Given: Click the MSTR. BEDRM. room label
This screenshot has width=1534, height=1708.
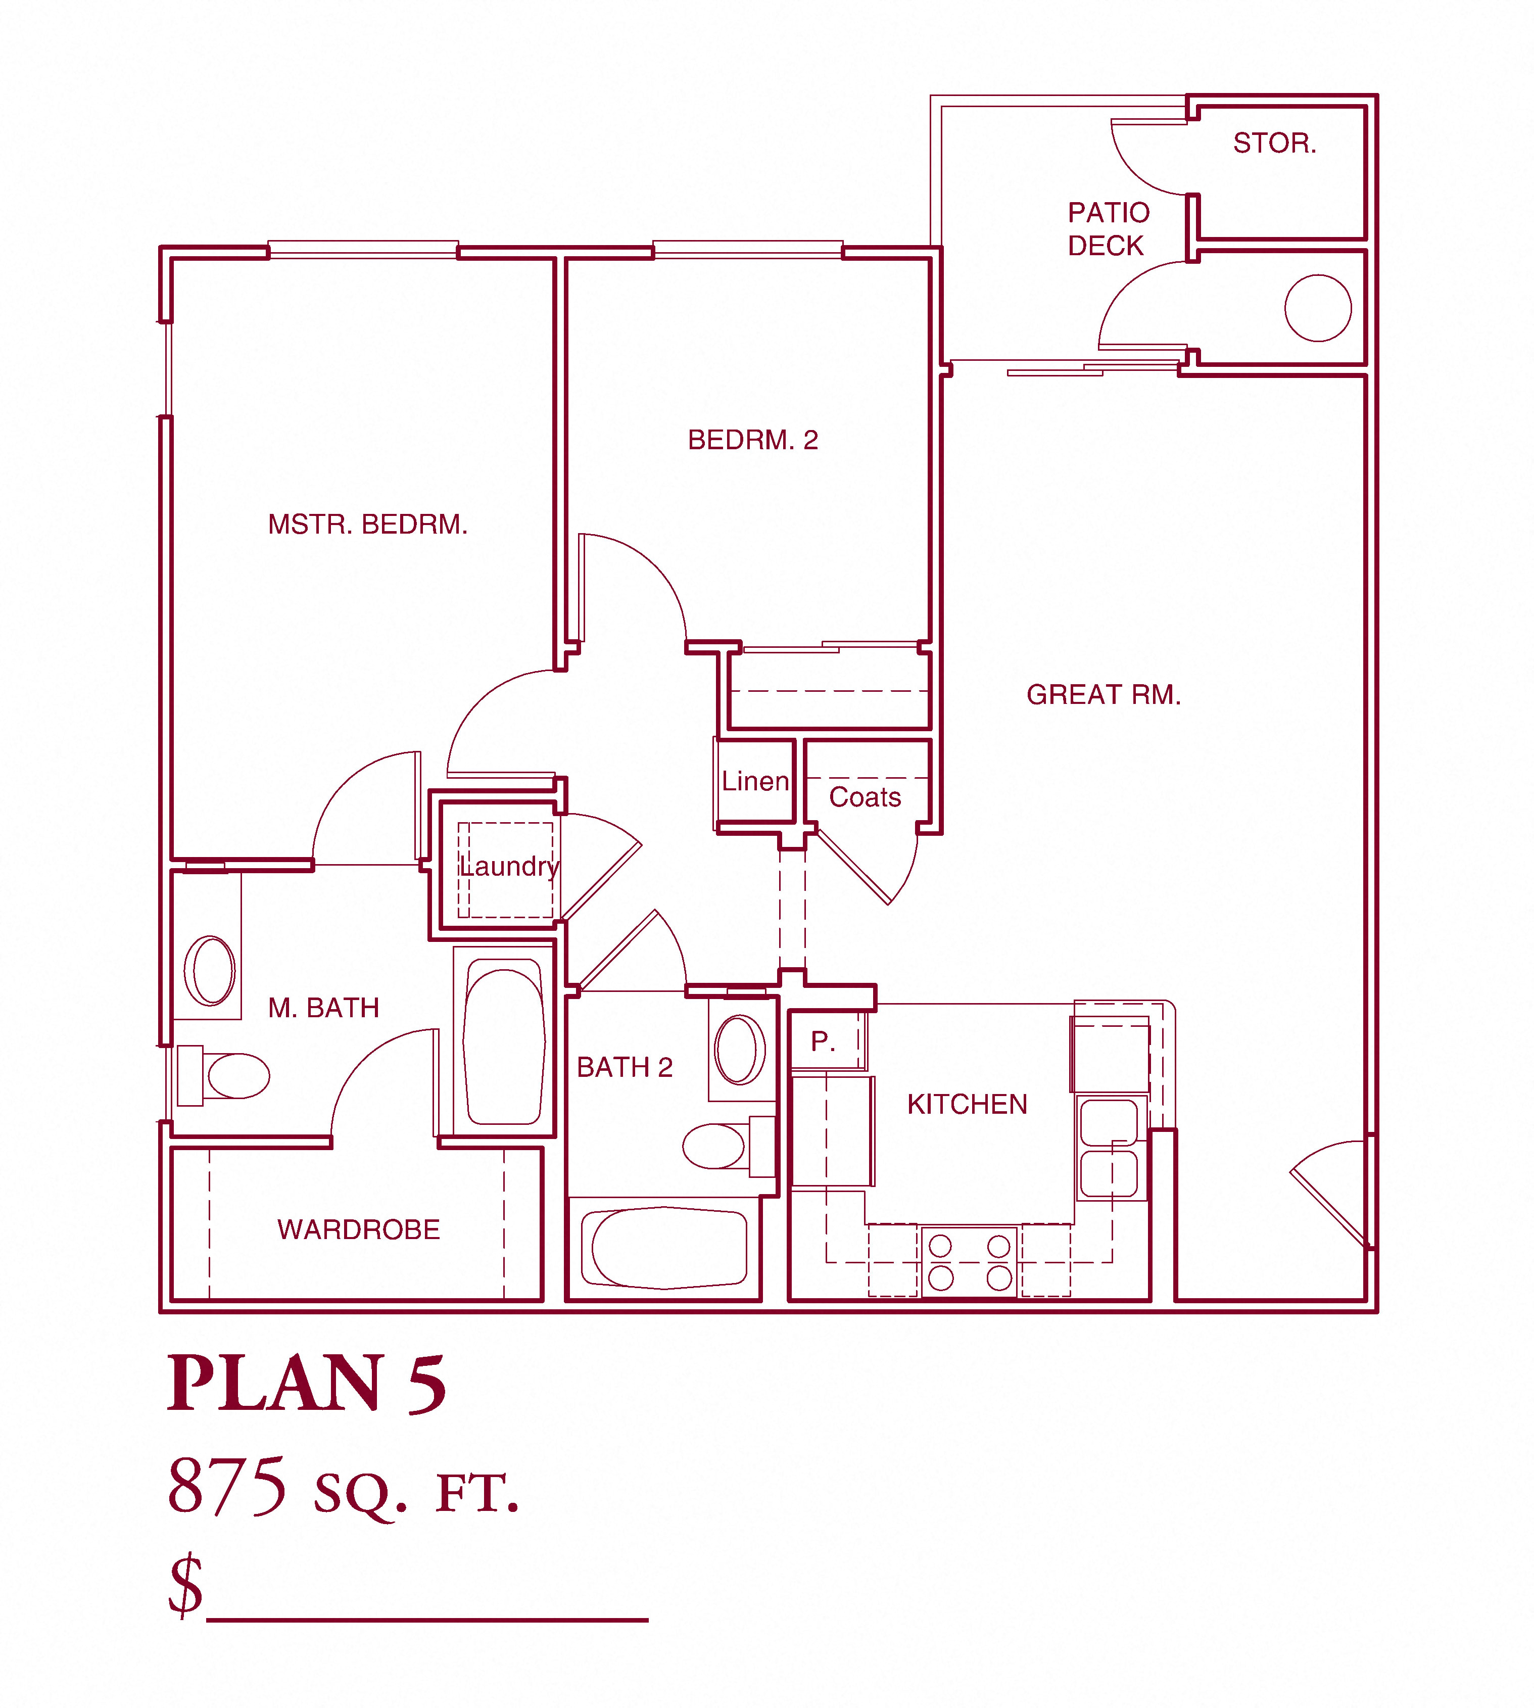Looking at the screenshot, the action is [367, 525].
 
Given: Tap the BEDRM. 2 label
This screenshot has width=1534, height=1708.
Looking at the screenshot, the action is [753, 440].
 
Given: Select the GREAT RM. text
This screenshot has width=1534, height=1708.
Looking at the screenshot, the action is [1104, 695].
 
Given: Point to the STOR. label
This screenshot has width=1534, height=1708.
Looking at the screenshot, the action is [1274, 144].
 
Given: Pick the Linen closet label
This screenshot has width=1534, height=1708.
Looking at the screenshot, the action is [755, 782].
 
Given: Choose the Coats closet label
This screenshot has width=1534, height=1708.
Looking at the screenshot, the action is [865, 797].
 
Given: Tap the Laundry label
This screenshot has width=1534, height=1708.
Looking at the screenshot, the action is [509, 867].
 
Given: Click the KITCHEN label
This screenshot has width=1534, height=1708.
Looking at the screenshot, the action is [967, 1104].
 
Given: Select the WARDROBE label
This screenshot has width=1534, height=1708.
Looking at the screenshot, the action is [358, 1230].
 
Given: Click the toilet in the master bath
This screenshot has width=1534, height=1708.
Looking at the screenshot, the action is [223, 1076].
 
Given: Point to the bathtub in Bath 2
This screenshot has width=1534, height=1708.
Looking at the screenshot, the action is [664, 1248].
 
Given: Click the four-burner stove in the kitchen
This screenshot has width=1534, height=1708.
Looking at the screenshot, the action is [969, 1262].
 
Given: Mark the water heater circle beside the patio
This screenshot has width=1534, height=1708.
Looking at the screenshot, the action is [1318, 309].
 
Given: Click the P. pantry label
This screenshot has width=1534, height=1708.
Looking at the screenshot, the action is [823, 1042].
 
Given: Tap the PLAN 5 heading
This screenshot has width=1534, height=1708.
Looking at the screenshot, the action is [307, 1384].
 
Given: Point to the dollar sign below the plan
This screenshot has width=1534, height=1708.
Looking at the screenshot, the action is [185, 1586].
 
